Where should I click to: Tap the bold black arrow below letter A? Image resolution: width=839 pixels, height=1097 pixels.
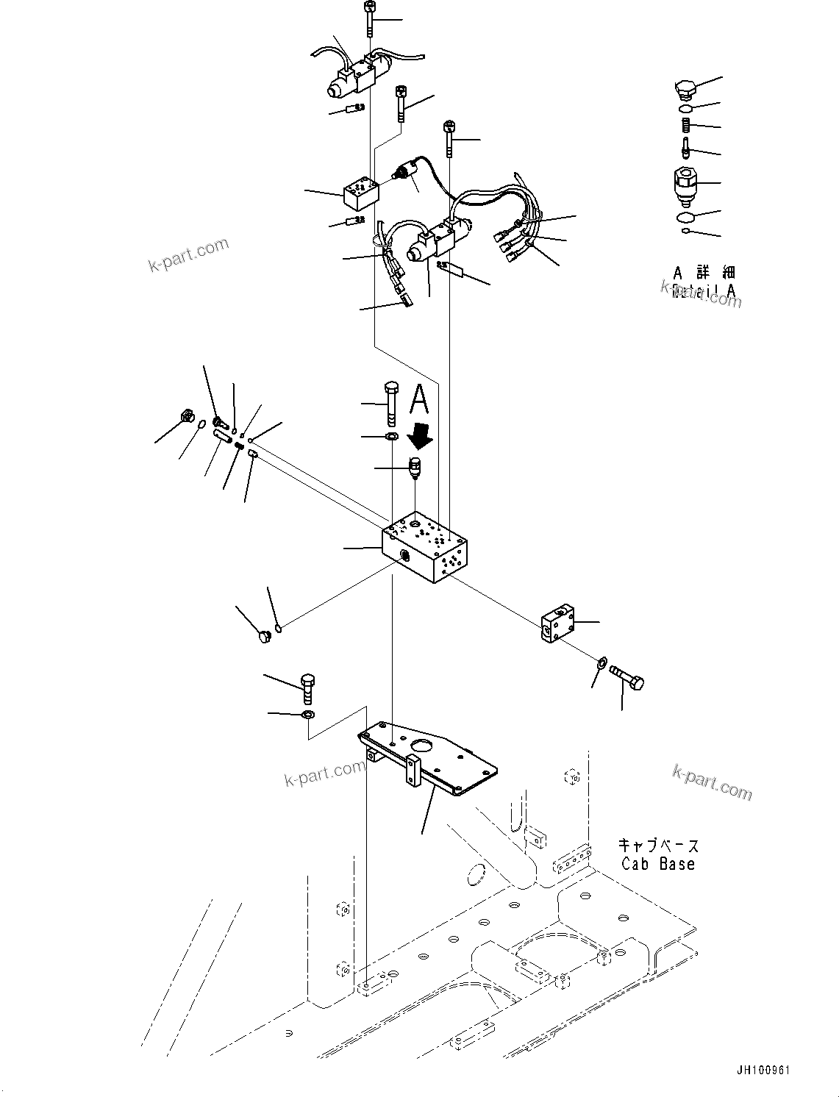click(421, 437)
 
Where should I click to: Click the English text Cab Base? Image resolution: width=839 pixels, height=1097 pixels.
click(657, 865)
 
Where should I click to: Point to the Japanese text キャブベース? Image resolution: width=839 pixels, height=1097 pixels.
click(658, 846)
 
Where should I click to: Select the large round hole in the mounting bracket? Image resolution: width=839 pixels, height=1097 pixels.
click(424, 748)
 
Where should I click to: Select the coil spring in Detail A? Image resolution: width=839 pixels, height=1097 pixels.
click(685, 126)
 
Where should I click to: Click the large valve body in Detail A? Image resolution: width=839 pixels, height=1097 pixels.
click(685, 185)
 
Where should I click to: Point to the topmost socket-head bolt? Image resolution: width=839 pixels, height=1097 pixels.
click(368, 18)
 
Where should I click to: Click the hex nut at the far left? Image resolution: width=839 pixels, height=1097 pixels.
click(187, 418)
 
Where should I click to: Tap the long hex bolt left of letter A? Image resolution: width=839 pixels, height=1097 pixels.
click(390, 404)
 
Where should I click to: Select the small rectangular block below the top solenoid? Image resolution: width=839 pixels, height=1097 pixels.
click(361, 191)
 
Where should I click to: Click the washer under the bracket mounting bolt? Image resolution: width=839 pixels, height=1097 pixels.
click(308, 715)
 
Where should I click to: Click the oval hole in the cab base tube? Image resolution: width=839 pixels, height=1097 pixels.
click(476, 875)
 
